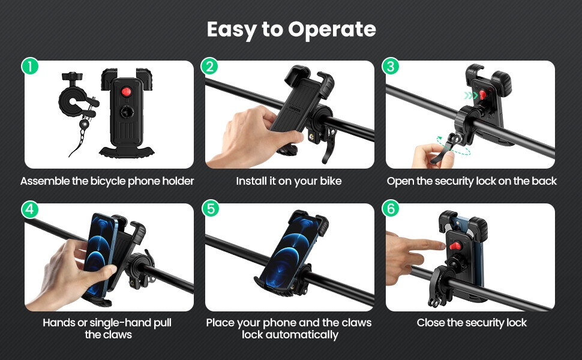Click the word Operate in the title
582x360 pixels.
332,29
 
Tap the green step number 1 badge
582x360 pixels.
30,66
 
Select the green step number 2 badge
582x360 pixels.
210,66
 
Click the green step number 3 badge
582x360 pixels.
391,66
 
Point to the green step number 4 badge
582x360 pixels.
30,209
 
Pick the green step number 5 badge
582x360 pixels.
211,209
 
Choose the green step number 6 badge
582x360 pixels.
391,209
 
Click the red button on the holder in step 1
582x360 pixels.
126,91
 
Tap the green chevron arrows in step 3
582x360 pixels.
470,95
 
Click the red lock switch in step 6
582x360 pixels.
455,245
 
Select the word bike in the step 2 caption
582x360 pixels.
331,181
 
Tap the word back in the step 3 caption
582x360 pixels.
544,181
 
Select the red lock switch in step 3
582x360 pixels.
482,94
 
